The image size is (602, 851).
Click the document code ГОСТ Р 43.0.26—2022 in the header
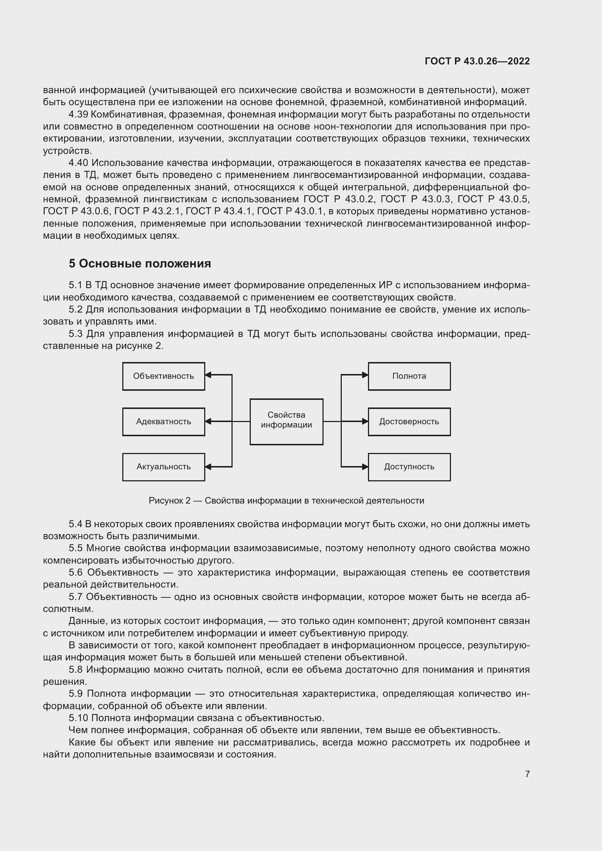click(x=477, y=61)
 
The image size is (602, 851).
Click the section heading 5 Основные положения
click(x=140, y=263)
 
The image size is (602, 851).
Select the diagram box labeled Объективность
click(x=163, y=376)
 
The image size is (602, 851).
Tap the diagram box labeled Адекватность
click(x=163, y=422)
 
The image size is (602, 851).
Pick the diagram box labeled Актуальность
click(x=163, y=467)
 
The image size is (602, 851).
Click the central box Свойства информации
click(x=286, y=422)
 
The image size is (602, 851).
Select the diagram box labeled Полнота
click(x=409, y=376)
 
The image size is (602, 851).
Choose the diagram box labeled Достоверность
click(x=409, y=422)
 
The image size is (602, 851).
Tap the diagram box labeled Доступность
click(x=409, y=467)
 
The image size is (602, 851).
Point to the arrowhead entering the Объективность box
click(x=208, y=375)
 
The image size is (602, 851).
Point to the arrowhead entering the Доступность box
click(x=365, y=467)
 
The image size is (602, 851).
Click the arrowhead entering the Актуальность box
click(x=208, y=467)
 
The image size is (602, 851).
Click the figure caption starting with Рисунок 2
click(x=286, y=501)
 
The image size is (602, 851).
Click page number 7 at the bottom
click(x=527, y=774)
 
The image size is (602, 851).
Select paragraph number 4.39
click(x=78, y=115)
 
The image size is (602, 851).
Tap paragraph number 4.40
click(x=78, y=163)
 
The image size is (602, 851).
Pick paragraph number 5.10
click(x=78, y=718)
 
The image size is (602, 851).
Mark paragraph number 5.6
click(x=76, y=573)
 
